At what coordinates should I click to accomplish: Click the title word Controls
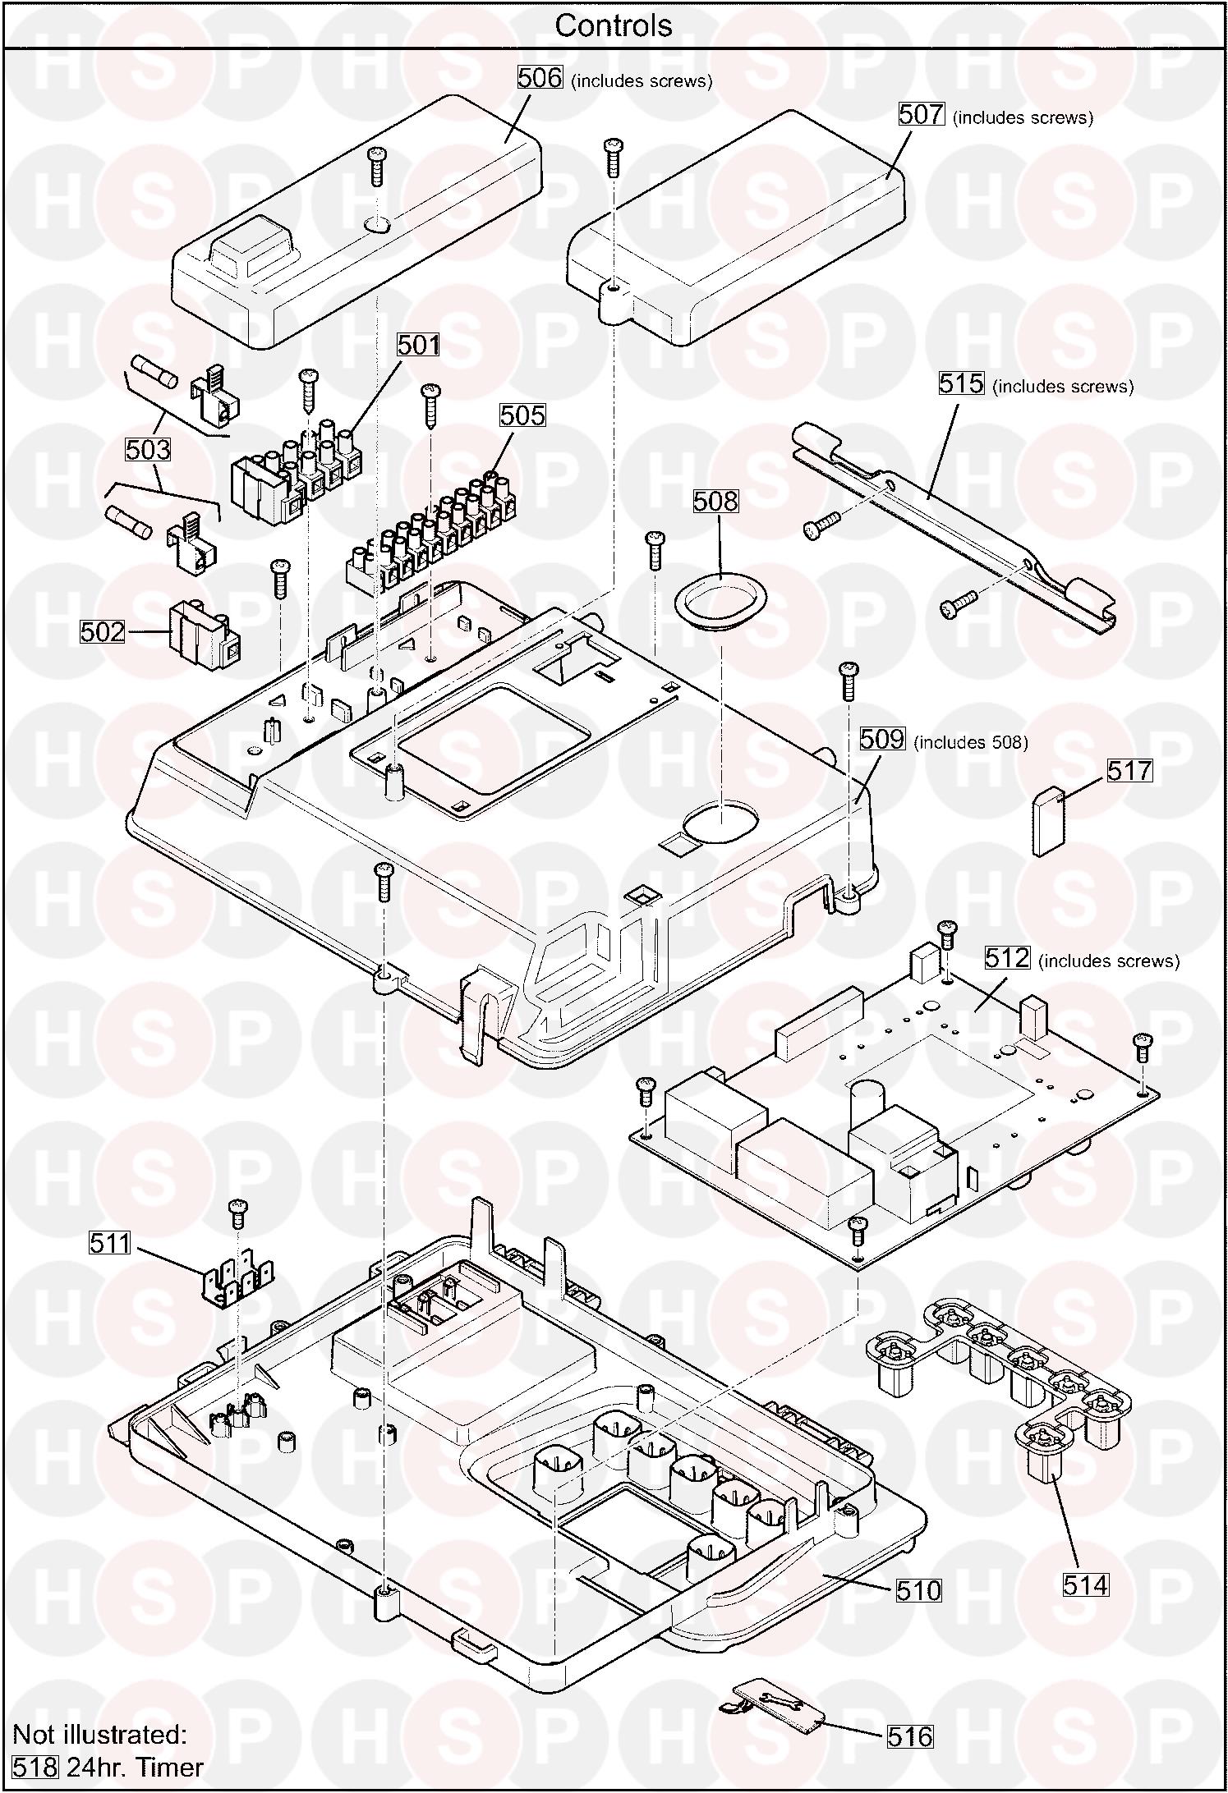click(x=613, y=25)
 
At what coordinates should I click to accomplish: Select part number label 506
click(x=540, y=78)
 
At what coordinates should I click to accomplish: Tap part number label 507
click(x=922, y=114)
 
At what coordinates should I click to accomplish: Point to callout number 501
click(x=419, y=345)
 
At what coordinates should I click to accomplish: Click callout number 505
click(x=522, y=415)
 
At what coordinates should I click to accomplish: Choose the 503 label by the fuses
click(x=148, y=449)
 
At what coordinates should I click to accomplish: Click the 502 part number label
click(x=103, y=631)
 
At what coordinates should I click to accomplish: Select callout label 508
click(x=715, y=501)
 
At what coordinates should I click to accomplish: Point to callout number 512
click(x=1007, y=957)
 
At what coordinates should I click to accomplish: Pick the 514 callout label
click(x=1086, y=1584)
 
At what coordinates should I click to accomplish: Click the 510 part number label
click(x=918, y=1590)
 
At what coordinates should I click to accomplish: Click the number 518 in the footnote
click(x=36, y=1766)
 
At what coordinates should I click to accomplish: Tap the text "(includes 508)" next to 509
click(x=970, y=742)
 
